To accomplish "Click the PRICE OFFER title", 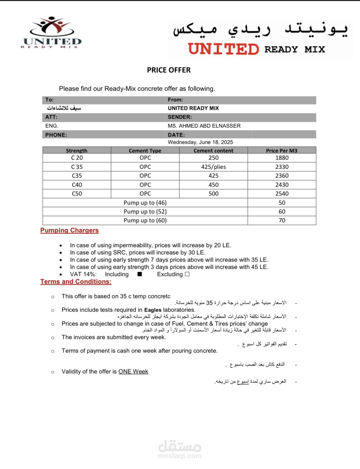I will [x=169, y=70].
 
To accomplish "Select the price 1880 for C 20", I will [x=282, y=158].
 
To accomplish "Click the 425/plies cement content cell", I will [x=213, y=167].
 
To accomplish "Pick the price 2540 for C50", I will [x=282, y=194].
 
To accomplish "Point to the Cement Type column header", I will [x=145, y=150].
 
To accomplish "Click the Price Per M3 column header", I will [x=281, y=150].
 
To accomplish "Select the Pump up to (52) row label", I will [x=145, y=212].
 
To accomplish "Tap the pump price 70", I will [x=282, y=220].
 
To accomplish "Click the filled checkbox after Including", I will [x=140, y=274].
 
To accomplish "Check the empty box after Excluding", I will [x=187, y=274].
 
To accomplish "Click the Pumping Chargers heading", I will [x=70, y=230].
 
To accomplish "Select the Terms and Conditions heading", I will [x=76, y=282].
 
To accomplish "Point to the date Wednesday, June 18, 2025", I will [x=200, y=142].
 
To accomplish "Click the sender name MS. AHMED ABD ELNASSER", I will [x=204, y=126].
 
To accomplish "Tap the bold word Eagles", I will [x=153, y=310].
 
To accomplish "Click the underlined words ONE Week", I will [x=133, y=372].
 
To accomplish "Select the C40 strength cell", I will [x=77, y=185].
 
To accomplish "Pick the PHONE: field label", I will [x=56, y=135].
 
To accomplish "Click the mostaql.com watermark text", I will [x=180, y=456].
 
